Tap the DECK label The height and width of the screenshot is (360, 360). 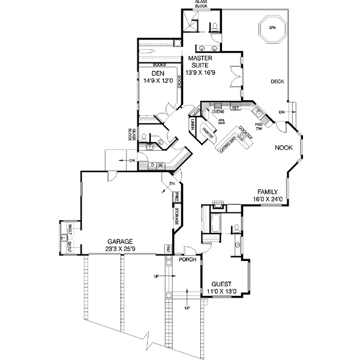(x=277, y=82)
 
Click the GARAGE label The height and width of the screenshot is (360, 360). (x=120, y=241)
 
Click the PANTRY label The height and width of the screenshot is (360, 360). (x=208, y=135)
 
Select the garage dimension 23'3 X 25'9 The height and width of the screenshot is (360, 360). (x=120, y=248)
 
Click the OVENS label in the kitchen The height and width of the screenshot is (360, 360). (x=218, y=111)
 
